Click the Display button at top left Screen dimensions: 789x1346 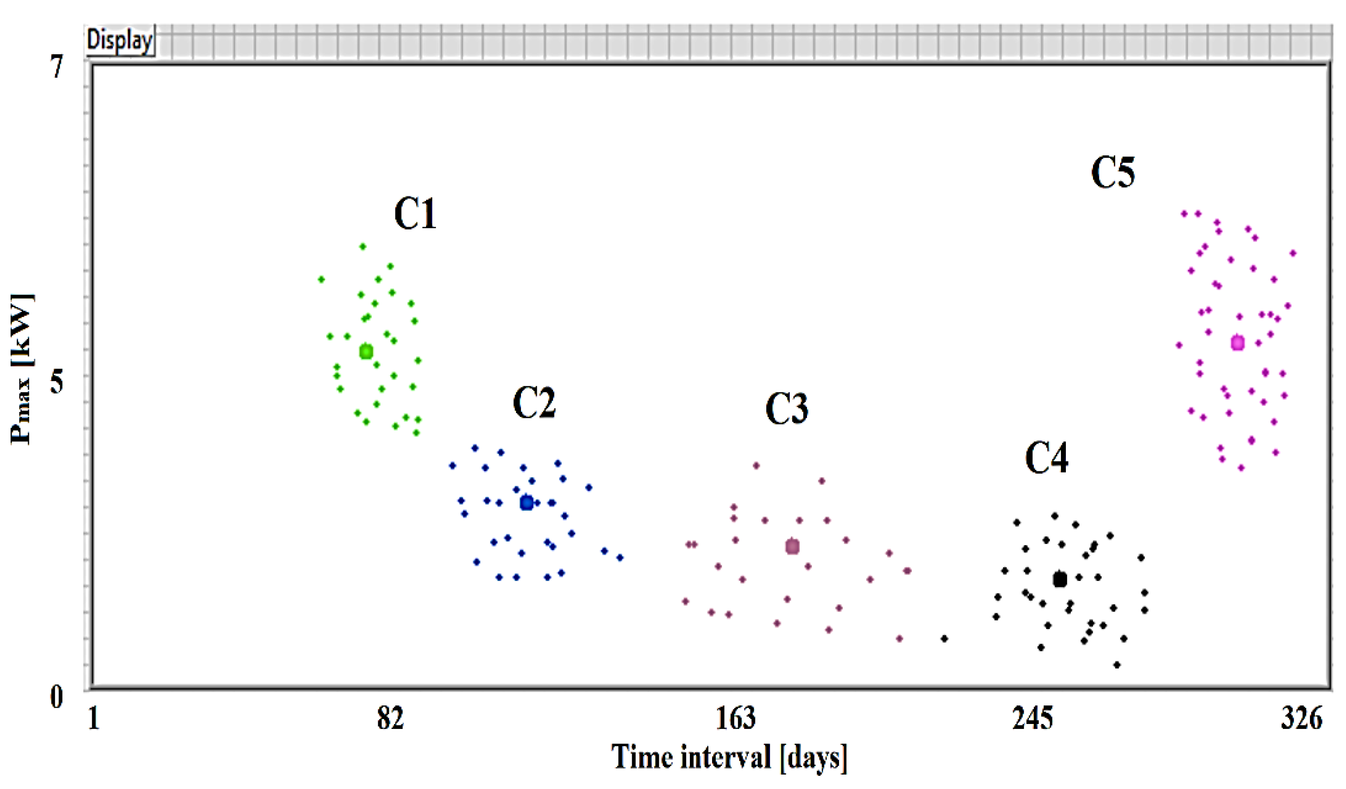coord(120,40)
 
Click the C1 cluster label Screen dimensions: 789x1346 coord(415,214)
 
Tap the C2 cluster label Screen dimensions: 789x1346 coord(534,402)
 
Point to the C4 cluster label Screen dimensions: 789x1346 coord(1046,458)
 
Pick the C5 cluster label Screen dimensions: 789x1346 coord(1112,173)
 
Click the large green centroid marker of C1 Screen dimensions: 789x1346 coord(366,352)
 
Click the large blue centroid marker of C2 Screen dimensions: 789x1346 coord(527,502)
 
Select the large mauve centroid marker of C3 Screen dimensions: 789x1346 coord(792,546)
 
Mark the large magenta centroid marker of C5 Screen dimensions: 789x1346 coord(1238,343)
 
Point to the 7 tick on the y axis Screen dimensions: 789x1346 coord(57,67)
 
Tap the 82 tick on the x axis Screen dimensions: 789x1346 coord(390,719)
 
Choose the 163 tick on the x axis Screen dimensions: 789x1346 coord(736,719)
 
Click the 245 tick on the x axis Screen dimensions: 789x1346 coord(1032,719)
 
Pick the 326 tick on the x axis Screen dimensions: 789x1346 coord(1301,719)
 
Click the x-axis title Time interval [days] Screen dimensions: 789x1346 coord(729,757)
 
